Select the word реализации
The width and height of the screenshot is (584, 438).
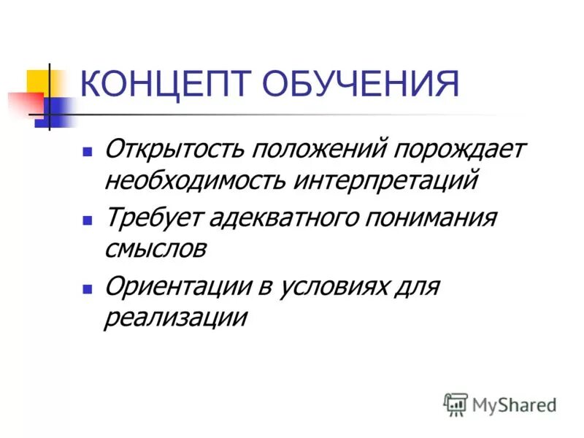coord(175,317)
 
